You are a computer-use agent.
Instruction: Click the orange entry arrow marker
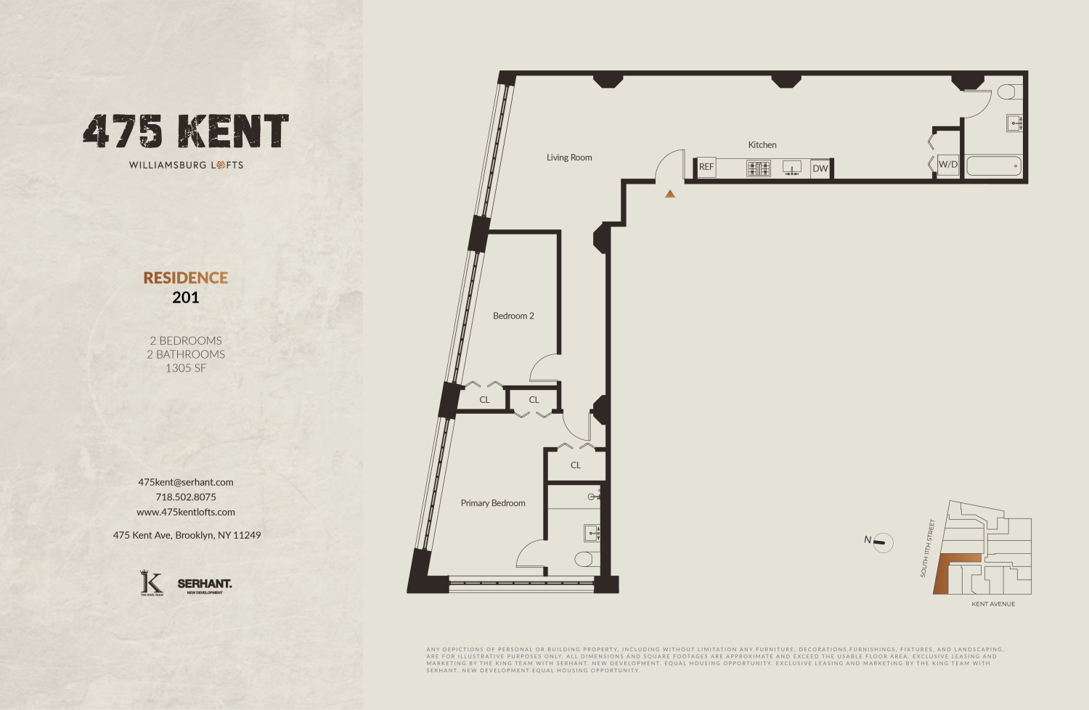[x=670, y=194]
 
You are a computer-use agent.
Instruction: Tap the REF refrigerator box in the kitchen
[x=706, y=167]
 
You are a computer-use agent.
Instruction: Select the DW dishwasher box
[x=820, y=168]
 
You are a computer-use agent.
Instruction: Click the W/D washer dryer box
[x=948, y=165]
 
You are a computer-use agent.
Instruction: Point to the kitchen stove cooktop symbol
[x=758, y=168]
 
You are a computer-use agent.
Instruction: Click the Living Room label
[x=569, y=158]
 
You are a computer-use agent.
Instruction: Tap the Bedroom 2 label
[x=513, y=316]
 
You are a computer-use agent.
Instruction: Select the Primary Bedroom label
[x=493, y=503]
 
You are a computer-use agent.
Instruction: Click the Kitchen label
[x=762, y=145]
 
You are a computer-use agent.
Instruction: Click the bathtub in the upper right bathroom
[x=993, y=166]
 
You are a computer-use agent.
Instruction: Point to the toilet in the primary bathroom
[x=584, y=559]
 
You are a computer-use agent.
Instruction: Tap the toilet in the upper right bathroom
[x=1007, y=92]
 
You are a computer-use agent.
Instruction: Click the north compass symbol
[x=882, y=542]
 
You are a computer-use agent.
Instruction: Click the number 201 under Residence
[x=186, y=297]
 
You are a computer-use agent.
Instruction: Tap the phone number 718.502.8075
[x=186, y=497]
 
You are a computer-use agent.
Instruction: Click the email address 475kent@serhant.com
[x=186, y=482]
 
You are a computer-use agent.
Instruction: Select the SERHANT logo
[x=205, y=584]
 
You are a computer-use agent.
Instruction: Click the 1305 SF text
[x=186, y=368]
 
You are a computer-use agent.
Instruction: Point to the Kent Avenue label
[x=993, y=604]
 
